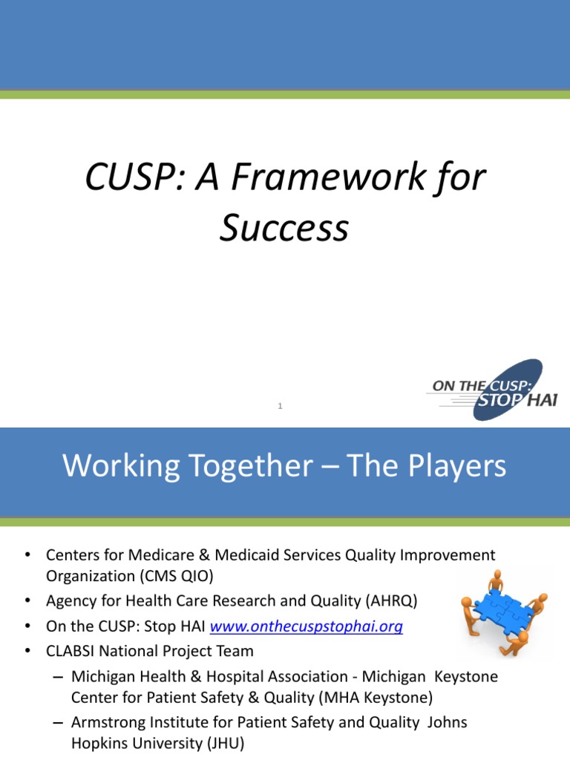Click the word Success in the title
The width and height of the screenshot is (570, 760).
click(284, 228)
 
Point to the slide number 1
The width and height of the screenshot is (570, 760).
click(281, 405)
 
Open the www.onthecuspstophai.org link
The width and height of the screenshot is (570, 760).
click(307, 626)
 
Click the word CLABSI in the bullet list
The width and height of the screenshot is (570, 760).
click(73, 651)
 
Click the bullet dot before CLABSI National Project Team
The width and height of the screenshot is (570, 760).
click(27, 651)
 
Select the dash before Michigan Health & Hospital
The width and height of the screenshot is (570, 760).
click(59, 677)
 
